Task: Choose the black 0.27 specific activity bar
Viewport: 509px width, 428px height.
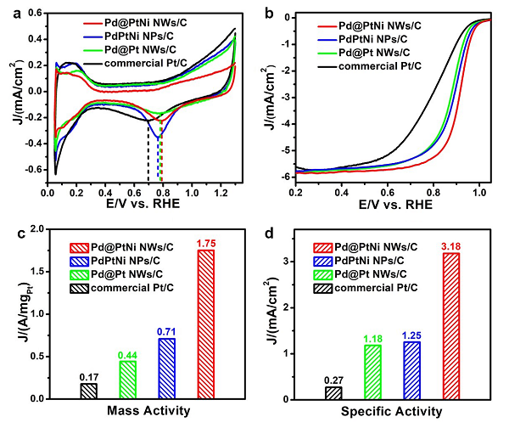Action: point(333,392)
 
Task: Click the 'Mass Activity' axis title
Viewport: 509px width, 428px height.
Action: point(145,412)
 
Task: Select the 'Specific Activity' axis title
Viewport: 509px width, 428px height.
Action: point(392,412)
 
